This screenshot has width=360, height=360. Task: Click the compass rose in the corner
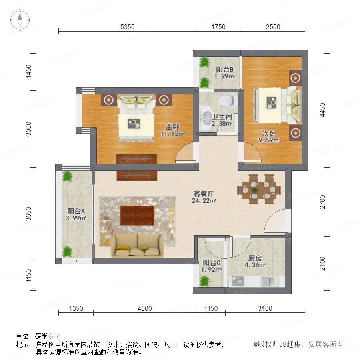click(20, 20)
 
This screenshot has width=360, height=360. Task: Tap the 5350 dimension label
click(128, 27)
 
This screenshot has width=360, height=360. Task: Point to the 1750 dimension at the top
click(218, 27)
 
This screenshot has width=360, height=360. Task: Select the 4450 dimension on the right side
click(322, 110)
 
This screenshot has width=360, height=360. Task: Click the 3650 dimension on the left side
click(28, 214)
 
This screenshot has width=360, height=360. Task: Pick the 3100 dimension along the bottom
click(265, 308)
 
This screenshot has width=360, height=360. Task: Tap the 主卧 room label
click(173, 127)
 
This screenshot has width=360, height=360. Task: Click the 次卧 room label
click(269, 133)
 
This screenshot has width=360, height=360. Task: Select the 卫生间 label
click(222, 117)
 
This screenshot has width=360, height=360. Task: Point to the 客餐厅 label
click(204, 194)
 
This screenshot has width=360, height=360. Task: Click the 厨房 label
click(255, 258)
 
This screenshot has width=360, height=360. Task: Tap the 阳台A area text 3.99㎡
click(76, 218)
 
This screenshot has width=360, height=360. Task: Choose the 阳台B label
click(224, 69)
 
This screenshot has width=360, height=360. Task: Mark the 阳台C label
click(212, 263)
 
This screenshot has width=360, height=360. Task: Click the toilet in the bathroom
click(227, 100)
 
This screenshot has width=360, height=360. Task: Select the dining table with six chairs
click(259, 190)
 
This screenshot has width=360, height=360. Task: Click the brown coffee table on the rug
click(137, 216)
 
